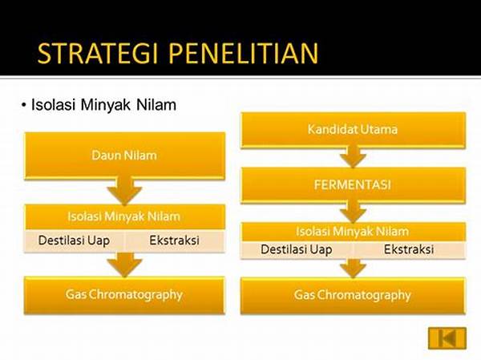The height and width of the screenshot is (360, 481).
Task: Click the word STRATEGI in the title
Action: pos(97,54)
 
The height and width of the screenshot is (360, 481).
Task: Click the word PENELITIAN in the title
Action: pos(244,54)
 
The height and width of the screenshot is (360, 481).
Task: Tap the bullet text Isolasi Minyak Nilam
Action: pos(103,105)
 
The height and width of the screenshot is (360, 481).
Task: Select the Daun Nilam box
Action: pos(124,156)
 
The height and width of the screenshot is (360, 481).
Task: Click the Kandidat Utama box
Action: pos(353,130)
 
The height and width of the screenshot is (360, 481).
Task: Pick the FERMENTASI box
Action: pos(353,184)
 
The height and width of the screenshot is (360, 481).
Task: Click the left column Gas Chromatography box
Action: pos(124,295)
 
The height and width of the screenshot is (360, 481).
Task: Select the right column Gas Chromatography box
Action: pos(353,295)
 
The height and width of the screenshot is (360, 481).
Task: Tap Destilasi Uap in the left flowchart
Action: pos(74,241)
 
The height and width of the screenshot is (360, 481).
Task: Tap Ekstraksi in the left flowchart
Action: pos(174,241)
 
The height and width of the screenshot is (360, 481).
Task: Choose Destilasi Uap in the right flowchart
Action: pos(297,249)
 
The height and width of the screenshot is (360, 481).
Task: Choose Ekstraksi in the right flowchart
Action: pos(409,249)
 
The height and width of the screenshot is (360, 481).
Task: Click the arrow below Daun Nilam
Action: pos(124,191)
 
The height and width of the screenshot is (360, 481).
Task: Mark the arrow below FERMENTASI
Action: pos(353,212)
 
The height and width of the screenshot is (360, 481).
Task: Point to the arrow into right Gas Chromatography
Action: pos(353,269)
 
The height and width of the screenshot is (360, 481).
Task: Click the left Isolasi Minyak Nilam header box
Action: pos(124,216)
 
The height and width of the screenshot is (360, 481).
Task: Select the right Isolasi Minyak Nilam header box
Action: pos(353,232)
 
